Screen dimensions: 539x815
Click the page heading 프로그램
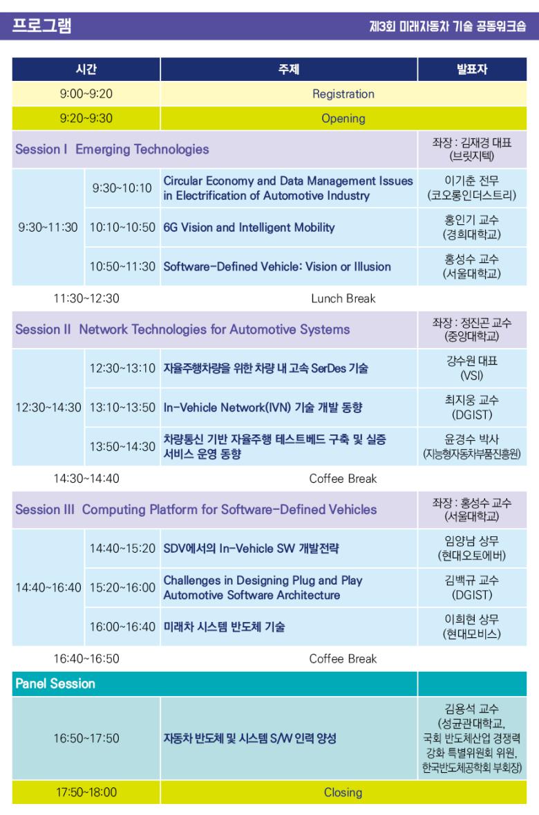coord(41,25)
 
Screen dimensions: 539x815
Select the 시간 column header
coord(86,69)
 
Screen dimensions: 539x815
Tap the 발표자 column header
coord(471,69)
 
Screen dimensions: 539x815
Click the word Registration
coord(343,94)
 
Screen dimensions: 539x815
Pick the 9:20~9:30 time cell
coord(86,118)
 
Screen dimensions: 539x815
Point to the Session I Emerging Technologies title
coord(112,149)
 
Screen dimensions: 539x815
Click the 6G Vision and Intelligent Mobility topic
coord(249,227)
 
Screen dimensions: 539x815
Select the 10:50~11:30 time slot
coord(122,266)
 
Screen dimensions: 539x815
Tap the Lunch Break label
coord(343,298)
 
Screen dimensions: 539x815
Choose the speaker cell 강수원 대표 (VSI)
coord(471,368)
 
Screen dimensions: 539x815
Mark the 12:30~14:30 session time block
coord(48,407)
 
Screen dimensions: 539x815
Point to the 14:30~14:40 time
coord(86,479)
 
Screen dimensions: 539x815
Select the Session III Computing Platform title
coord(196,509)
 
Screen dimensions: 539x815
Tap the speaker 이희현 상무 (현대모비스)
coord(471,626)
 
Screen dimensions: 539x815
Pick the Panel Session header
coord(55,684)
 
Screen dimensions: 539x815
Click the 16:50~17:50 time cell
coord(86,738)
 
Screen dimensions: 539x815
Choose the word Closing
coord(343,793)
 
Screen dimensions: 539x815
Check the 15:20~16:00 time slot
coord(122,587)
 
